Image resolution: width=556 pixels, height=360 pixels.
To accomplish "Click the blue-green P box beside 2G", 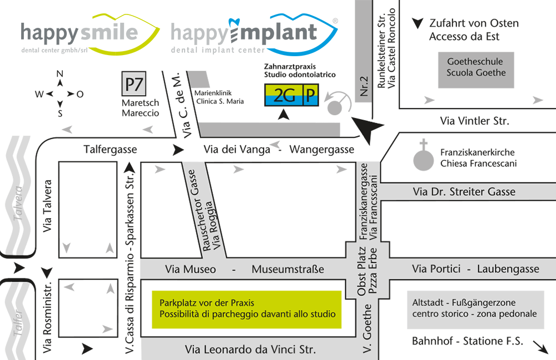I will click(310, 95).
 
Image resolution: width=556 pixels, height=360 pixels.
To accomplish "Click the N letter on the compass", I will click(60, 75).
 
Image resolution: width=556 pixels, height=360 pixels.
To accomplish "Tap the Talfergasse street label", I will click(110, 149).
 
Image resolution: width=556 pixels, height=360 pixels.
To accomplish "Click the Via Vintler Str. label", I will click(474, 121).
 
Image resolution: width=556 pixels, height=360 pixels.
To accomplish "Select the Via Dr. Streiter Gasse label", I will click(464, 192).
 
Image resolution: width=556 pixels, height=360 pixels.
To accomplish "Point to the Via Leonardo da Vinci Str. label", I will click(250, 350).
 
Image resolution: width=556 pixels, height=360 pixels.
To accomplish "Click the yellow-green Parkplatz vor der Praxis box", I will click(247, 309).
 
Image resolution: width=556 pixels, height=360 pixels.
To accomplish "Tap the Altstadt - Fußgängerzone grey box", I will click(474, 308).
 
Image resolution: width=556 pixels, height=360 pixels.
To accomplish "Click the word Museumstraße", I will click(287, 270).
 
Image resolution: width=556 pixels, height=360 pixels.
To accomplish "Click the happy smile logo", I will click(89, 34).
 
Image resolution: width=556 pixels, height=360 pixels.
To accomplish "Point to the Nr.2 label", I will click(364, 87).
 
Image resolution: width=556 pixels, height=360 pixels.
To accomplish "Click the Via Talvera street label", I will click(47, 206).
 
